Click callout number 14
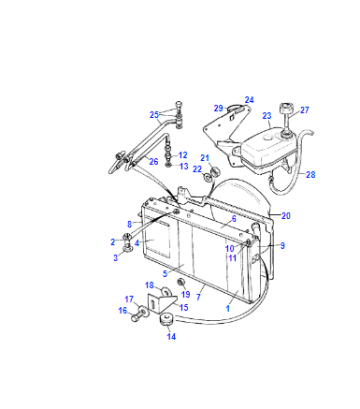171,337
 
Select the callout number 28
310,174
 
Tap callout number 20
286,216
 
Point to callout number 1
228,309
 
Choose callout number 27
305,110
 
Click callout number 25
154,115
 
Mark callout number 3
115,258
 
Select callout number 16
123,311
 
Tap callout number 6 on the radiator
234,219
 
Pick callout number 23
267,116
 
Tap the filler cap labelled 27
286,109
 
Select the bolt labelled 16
136,317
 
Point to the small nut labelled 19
182,282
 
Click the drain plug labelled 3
128,248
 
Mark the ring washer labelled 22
207,177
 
